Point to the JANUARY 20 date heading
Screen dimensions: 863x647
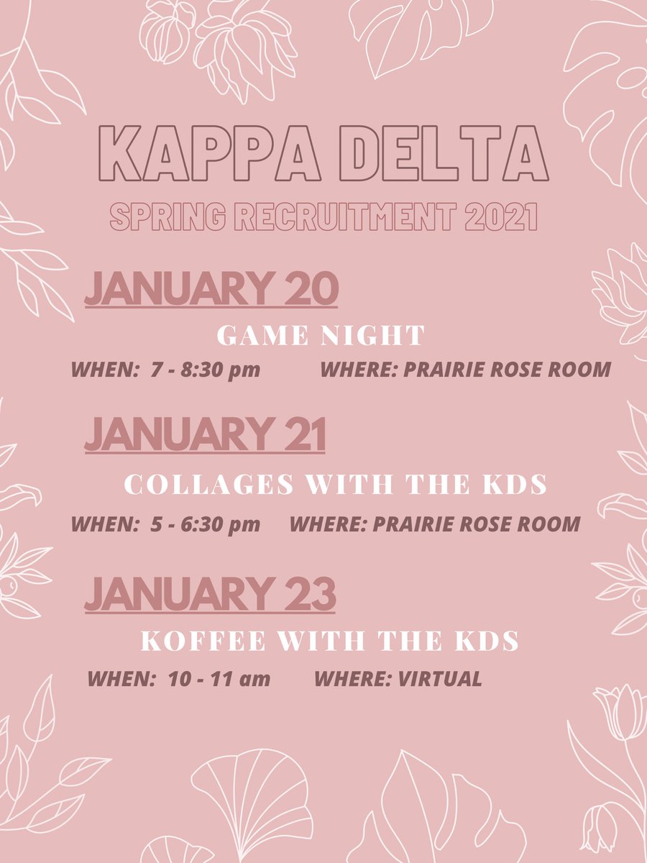pos(211,290)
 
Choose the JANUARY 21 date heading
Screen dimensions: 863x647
pos(205,436)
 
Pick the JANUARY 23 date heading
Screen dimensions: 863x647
pos(210,595)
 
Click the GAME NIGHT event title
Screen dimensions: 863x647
pos(321,335)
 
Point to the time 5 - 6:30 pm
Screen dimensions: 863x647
pos(205,524)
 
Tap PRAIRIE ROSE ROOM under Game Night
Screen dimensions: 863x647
pos(507,370)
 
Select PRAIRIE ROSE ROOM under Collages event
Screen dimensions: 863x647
pos(476,524)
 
